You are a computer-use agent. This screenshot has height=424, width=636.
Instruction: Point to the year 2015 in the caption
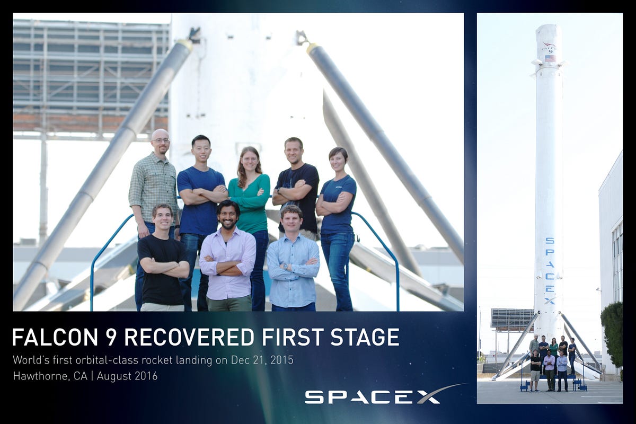point(280,360)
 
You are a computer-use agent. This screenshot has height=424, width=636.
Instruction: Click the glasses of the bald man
point(161,140)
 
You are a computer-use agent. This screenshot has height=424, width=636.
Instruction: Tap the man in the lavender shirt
point(228,260)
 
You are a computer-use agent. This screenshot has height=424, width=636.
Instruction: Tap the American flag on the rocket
point(550,58)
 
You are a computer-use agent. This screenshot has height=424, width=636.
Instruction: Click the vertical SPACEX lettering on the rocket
point(550,270)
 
